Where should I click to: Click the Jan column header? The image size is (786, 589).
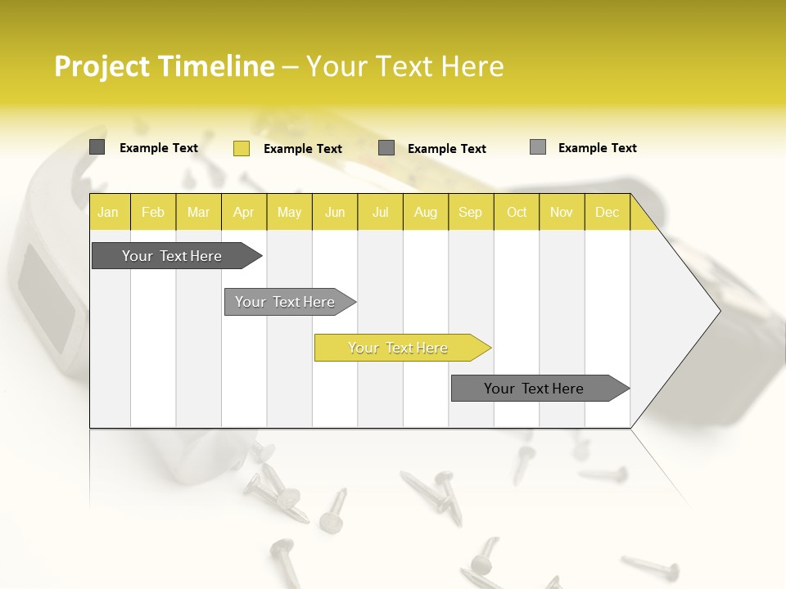coord(109,212)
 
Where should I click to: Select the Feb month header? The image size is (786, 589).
coord(153,212)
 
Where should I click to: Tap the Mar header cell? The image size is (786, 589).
coord(198,212)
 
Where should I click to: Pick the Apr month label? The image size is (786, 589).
coord(244,212)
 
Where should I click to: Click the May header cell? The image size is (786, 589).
coord(289,212)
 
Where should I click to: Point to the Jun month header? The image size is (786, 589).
coord(335,212)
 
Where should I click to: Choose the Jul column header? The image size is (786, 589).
coord(380,212)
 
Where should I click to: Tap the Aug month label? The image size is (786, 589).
coord(426,212)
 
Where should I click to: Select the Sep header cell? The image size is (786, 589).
coord(471,212)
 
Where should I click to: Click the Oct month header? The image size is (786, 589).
coord(517,212)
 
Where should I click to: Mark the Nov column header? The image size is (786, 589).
coord(562,212)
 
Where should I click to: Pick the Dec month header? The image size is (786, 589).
coord(608,212)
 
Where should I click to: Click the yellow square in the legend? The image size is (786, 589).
coord(241,148)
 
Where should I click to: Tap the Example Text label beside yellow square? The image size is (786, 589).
coord(302,149)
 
